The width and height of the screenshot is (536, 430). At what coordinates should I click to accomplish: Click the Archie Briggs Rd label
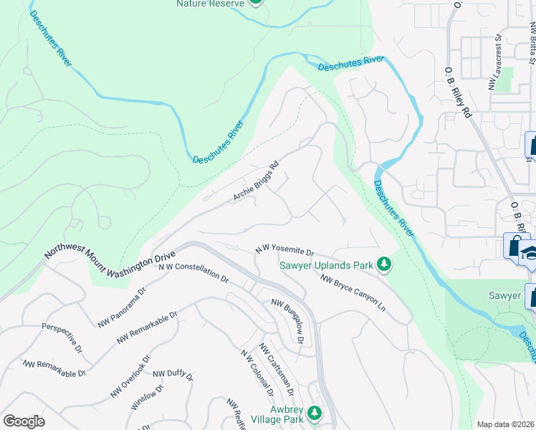coord(254,185)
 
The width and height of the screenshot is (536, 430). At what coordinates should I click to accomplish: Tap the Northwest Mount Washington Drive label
coord(110,254)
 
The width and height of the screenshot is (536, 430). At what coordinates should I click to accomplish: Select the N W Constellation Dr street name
coord(193,272)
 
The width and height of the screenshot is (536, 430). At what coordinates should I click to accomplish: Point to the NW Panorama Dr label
coord(122,307)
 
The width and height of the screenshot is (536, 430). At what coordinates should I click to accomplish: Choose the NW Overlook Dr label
coord(130,377)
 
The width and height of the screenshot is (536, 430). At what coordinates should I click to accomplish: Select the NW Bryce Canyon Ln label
coord(353,293)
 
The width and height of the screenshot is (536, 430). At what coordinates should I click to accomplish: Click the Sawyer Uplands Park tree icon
coord(385,265)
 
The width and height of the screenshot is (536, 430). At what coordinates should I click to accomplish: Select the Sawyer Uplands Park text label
coord(326,266)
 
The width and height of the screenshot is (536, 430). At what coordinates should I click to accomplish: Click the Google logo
coord(24,421)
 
